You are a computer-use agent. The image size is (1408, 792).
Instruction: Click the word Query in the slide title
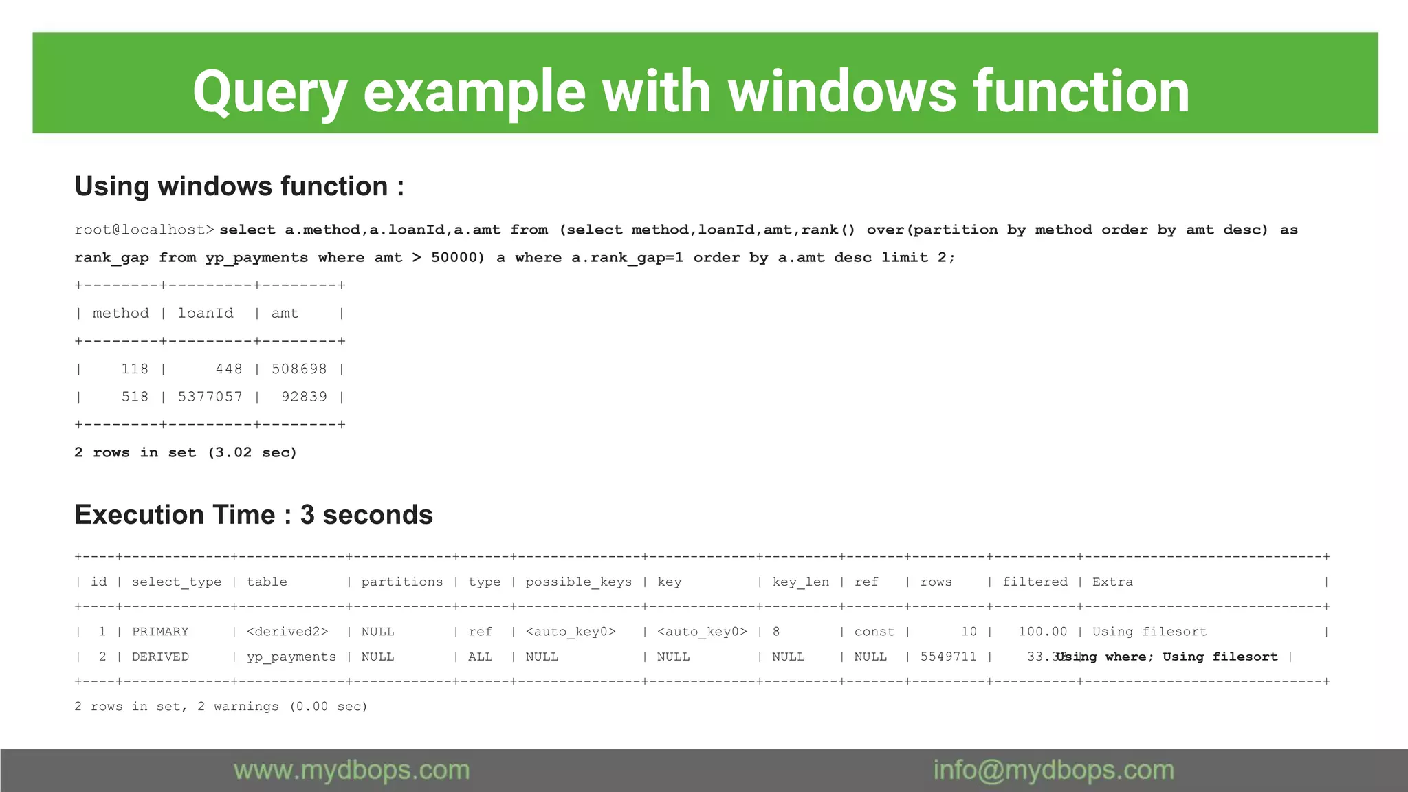269,92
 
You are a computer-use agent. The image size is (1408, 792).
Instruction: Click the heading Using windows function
239,186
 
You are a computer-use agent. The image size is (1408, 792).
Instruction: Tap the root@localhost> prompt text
144,230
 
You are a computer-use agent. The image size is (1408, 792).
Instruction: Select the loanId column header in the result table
206,313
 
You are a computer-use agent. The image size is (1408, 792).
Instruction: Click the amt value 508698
299,369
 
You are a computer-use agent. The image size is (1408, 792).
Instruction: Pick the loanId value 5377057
210,397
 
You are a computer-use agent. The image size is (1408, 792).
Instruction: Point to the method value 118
135,369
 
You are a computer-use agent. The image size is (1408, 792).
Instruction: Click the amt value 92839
304,397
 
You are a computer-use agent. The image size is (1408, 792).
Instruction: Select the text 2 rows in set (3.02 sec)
186,452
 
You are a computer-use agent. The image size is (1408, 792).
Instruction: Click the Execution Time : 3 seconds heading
254,515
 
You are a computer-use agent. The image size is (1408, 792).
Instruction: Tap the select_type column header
177,582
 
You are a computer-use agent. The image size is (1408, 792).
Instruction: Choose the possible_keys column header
578,582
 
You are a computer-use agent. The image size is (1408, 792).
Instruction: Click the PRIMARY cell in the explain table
160,632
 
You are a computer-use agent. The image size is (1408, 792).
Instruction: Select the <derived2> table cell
287,632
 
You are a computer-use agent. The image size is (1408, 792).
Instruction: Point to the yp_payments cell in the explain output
291,657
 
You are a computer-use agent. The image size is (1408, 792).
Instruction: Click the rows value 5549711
948,657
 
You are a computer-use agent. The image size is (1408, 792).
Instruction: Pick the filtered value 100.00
1042,632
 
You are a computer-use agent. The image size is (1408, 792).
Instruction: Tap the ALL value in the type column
480,657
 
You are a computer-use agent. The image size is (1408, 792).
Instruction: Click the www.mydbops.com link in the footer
351,771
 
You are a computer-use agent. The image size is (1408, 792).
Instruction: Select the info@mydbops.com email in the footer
1053,771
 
